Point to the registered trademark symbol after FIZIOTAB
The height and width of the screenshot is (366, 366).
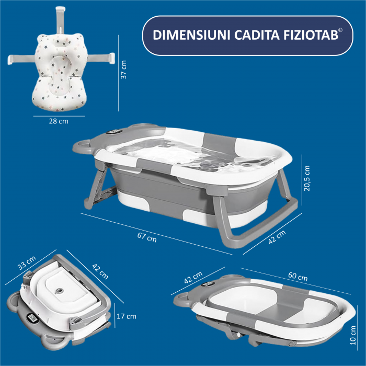click(x=340, y=31)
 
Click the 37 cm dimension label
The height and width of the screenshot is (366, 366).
click(x=124, y=69)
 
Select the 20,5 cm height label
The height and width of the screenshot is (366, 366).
click(x=307, y=178)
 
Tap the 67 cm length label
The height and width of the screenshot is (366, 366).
click(x=147, y=236)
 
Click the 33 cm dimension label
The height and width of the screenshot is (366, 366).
click(x=26, y=263)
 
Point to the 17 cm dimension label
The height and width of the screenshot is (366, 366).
click(x=127, y=316)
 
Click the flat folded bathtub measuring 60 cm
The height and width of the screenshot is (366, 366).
click(x=267, y=308)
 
